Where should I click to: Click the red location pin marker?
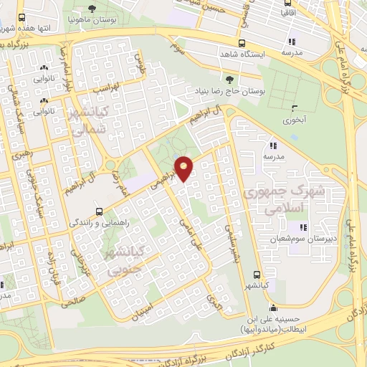point(185,168)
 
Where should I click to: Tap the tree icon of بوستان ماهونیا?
point(91,9)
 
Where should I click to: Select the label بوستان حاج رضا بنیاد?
point(227,92)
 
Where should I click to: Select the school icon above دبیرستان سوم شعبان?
point(293,227)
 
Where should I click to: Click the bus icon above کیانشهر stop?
point(257,274)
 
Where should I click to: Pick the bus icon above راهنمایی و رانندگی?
point(100,211)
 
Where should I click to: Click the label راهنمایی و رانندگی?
point(100,223)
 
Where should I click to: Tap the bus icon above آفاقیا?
point(286,2)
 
